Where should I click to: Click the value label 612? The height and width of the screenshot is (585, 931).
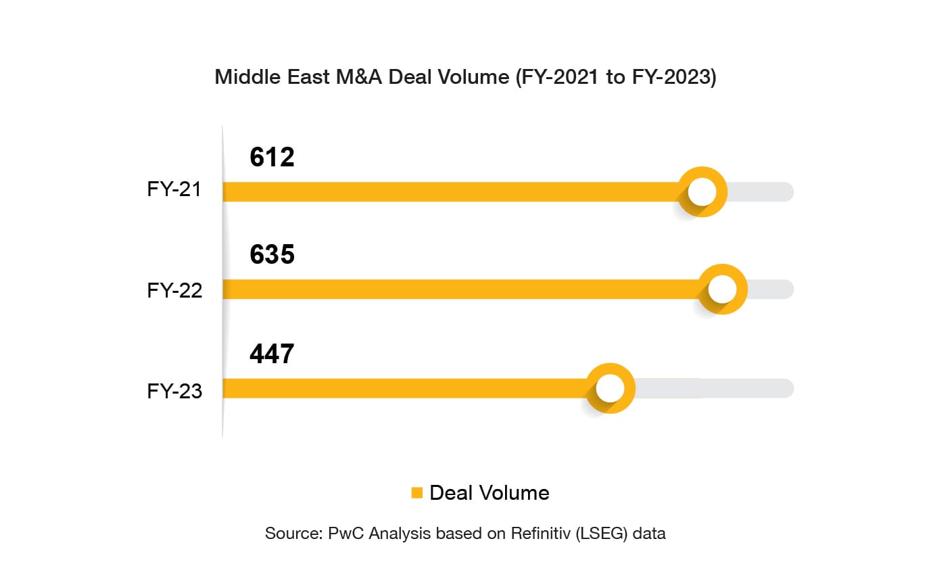(272, 157)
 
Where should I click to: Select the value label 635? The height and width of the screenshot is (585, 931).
(272, 255)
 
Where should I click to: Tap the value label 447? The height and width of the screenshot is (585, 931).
(272, 354)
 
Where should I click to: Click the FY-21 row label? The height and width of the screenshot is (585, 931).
(174, 189)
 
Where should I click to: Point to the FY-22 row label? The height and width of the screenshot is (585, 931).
(174, 290)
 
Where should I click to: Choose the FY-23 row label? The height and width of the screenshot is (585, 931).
(174, 391)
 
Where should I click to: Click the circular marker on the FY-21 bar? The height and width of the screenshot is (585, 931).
(702, 192)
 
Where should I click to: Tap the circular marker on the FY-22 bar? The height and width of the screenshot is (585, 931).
(722, 289)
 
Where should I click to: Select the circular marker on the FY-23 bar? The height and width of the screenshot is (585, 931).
(610, 388)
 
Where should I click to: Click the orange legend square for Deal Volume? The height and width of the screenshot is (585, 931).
(416, 492)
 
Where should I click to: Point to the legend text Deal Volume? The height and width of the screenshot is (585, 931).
(490, 492)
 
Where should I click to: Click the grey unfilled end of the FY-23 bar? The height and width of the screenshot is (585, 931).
(717, 388)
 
